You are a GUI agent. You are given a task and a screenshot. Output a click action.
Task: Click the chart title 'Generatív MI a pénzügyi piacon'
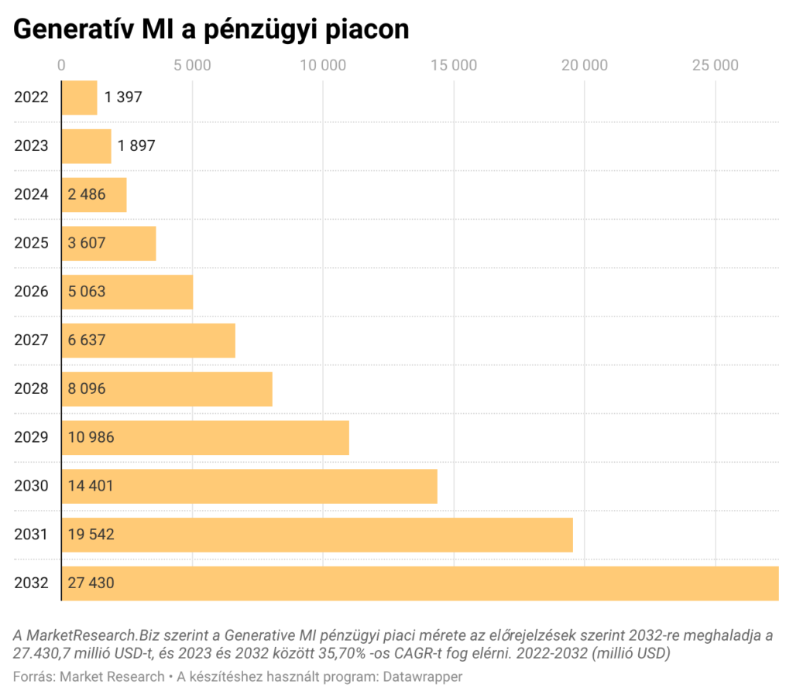(x=211, y=29)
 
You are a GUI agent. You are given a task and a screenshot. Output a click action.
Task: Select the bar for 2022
(x=79, y=98)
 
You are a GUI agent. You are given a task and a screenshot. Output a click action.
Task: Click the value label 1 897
(x=136, y=145)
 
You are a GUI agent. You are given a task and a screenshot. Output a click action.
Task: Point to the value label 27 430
(x=91, y=583)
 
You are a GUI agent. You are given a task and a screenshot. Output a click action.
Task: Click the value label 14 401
(x=91, y=486)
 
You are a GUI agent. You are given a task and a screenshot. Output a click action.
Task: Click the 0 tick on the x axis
(x=62, y=65)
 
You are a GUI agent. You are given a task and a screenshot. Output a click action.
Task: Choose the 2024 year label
(x=32, y=194)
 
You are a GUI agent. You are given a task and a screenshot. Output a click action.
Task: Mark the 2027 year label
(x=32, y=340)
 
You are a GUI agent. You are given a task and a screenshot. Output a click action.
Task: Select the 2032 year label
(x=32, y=583)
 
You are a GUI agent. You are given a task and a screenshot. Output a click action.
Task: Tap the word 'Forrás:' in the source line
(x=33, y=677)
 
